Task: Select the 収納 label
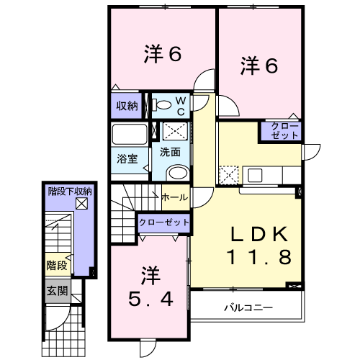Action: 127,106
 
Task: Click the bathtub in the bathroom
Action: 130,135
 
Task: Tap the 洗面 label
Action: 170,152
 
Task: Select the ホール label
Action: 175,197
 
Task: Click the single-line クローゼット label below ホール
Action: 163,222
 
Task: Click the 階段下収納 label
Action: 70,192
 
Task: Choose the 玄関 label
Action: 57,291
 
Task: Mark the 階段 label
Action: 57,266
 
